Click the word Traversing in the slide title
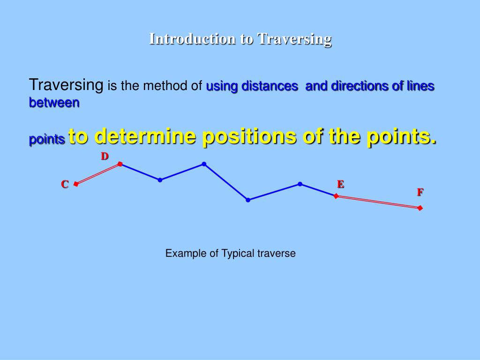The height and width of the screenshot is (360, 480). click(295, 39)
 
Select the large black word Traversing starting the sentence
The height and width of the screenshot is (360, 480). click(66, 85)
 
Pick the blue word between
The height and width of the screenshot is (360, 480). click(54, 102)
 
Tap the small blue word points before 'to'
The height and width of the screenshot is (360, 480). click(47, 140)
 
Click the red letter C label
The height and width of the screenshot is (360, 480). click(65, 185)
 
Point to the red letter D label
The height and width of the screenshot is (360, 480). click(105, 156)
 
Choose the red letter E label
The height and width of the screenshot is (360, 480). click(340, 184)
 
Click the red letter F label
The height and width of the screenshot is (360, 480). click(420, 192)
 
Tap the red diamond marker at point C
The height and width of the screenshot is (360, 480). click(76, 184)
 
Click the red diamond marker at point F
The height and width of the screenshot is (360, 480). click(420, 208)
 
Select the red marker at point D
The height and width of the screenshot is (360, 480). click(120, 164)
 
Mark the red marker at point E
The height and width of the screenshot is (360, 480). click(336, 196)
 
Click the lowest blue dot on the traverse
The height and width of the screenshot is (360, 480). click(248, 200)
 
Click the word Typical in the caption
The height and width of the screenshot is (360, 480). click(238, 254)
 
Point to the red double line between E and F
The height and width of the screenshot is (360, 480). click(378, 202)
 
